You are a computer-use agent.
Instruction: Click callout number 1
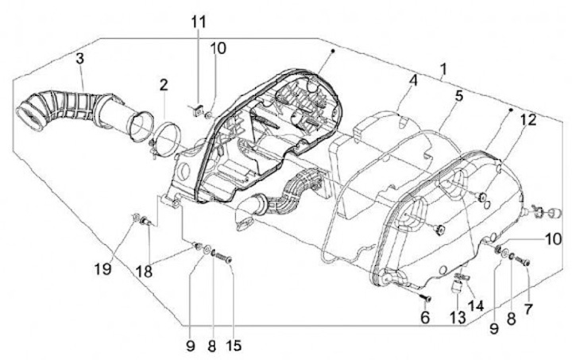[443, 69]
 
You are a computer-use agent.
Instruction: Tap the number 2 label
[163, 84]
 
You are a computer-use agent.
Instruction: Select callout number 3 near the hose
[81, 58]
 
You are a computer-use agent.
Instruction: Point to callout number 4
[413, 80]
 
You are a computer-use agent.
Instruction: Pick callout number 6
[424, 317]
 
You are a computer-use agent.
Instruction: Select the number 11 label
[197, 21]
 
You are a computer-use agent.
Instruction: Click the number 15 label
[234, 346]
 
